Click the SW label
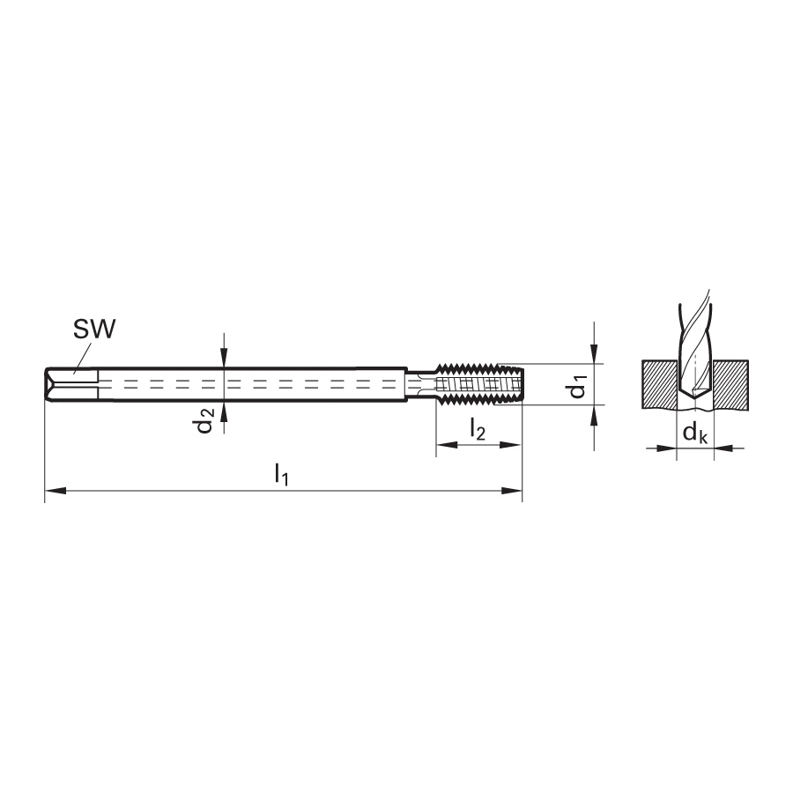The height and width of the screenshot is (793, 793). tap(94, 330)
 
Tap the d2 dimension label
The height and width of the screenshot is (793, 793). tap(204, 420)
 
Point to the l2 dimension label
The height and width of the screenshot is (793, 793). tap(478, 430)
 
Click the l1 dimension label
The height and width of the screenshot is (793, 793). tap(282, 475)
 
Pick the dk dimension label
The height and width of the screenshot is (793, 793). tap(695, 434)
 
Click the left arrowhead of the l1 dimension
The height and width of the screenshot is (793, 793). tap(56, 491)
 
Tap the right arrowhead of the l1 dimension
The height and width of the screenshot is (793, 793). tap(511, 491)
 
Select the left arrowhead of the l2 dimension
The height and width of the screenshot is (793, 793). tap(447, 445)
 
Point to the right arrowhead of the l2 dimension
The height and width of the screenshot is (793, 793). tap(510, 445)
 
